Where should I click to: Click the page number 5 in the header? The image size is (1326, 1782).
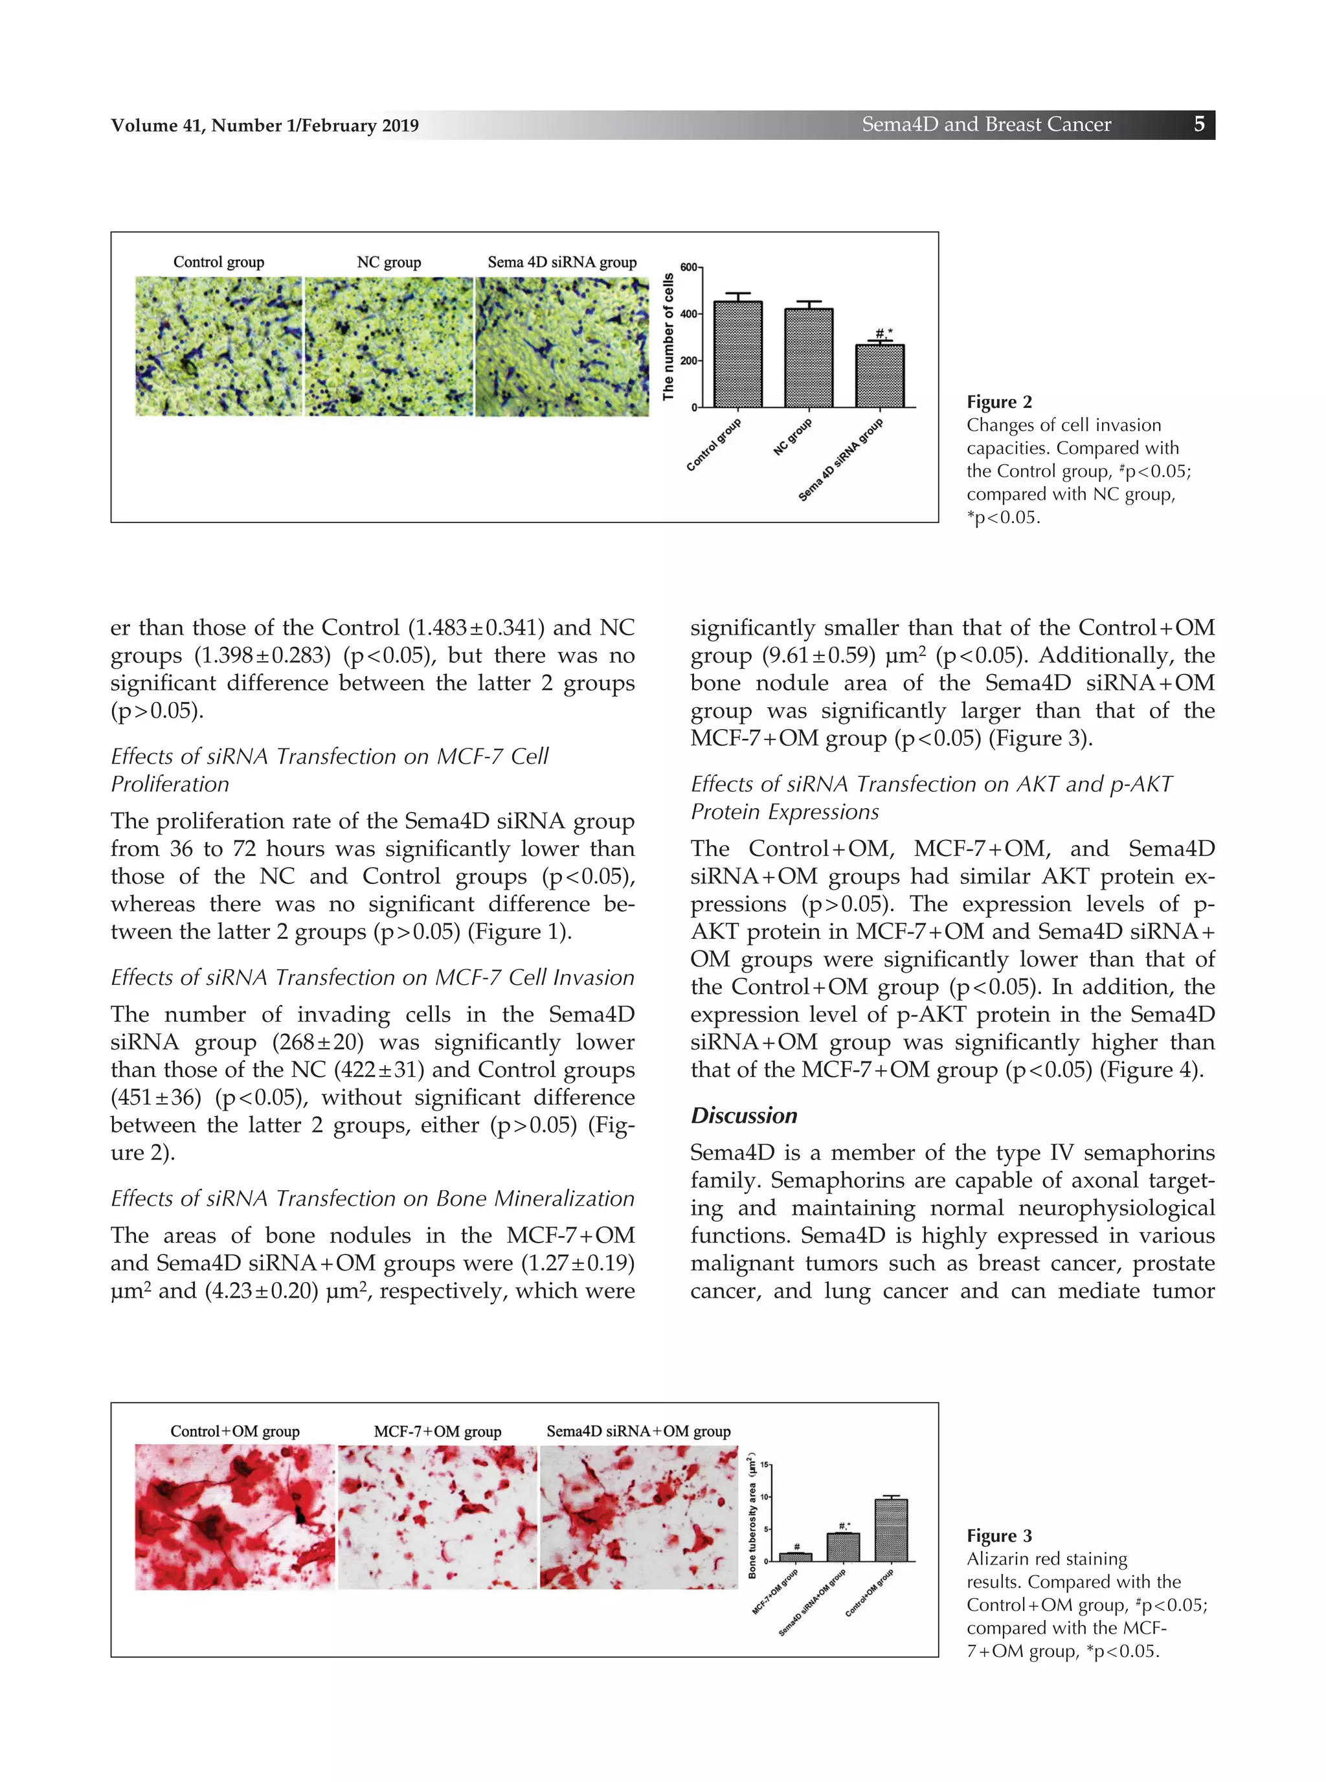(x=1198, y=124)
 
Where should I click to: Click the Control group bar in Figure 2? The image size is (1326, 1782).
(x=737, y=354)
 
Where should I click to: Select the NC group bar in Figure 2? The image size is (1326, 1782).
(x=808, y=358)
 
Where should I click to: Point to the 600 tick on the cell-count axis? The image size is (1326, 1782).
(x=688, y=267)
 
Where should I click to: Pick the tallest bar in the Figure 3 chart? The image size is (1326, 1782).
(x=891, y=1530)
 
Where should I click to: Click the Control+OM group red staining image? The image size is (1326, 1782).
(x=234, y=1517)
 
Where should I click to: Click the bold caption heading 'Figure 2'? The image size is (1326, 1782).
(x=998, y=402)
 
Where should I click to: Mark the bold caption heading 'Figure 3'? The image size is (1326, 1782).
(x=998, y=1535)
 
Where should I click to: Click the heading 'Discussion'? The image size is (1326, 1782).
(x=743, y=1116)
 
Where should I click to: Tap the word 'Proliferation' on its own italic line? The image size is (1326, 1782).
(x=170, y=784)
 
